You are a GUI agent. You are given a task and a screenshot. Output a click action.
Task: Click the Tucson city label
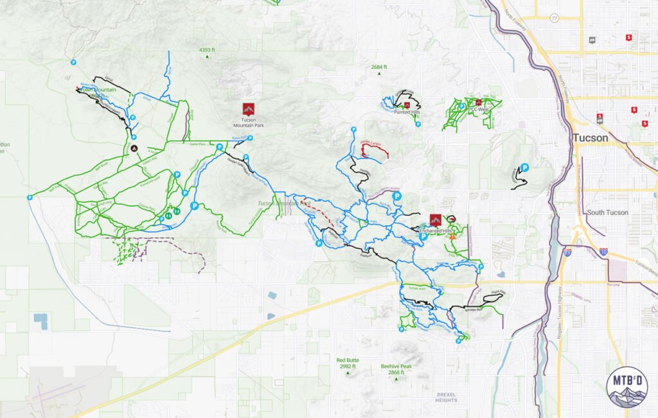pos(589,138)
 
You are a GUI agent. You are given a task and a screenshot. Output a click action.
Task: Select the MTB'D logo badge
pos(627,387)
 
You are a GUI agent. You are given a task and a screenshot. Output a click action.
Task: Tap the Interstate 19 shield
pos(567,252)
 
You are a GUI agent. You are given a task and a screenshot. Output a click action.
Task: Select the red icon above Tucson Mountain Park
pos(248,109)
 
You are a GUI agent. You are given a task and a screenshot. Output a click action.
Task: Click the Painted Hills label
pos(406,112)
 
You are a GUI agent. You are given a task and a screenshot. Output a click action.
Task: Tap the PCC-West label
pos(479,110)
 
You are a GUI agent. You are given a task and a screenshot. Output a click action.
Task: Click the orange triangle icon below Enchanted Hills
pos(453,236)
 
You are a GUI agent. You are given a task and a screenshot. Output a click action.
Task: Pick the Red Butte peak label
pos(348,363)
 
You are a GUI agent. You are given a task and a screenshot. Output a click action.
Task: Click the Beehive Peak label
pos(396,369)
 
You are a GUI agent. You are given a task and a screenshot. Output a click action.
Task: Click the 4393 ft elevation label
pos(207,49)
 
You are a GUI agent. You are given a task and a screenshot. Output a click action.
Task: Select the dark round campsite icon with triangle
pos(134,148)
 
